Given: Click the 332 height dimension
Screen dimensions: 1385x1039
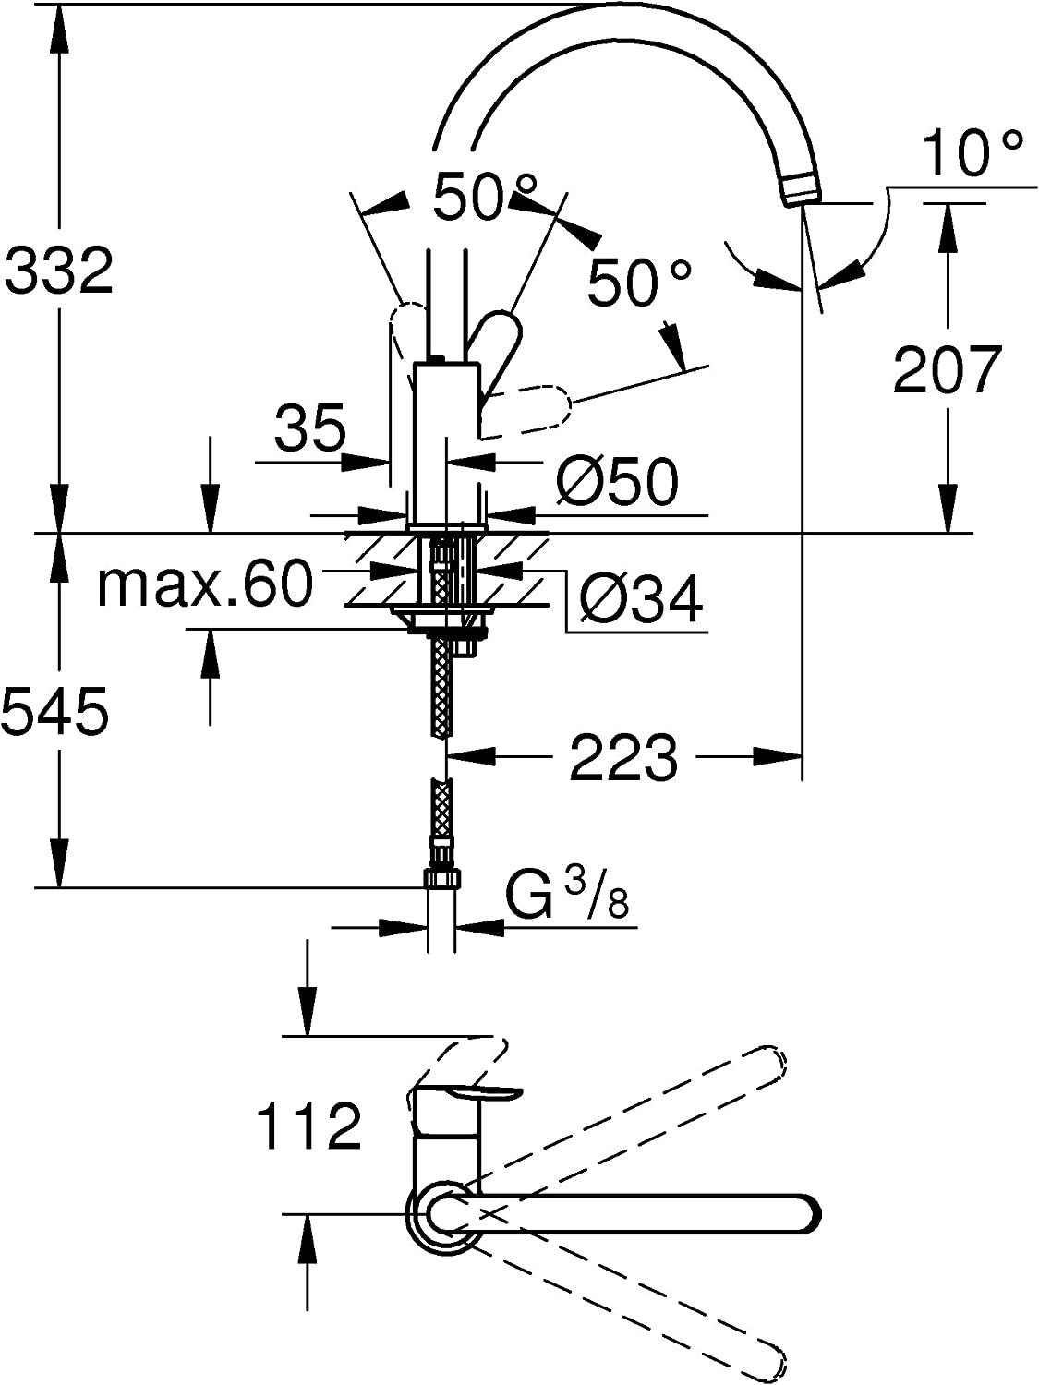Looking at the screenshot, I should (59, 270).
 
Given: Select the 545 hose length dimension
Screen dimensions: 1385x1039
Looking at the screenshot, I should (55, 711).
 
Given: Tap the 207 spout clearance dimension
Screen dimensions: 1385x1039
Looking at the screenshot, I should (947, 369).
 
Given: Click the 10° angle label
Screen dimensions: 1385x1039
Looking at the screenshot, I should (972, 152).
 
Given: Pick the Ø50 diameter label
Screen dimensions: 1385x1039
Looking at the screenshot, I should (617, 481).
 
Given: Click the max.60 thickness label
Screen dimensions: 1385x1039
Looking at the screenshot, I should (205, 584).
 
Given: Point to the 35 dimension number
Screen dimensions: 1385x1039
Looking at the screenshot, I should (310, 428).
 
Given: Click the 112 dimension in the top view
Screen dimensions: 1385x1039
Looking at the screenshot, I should (308, 1126).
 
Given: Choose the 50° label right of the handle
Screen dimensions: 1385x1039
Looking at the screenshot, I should (639, 282).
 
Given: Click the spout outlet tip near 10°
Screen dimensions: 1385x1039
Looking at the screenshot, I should (800, 188).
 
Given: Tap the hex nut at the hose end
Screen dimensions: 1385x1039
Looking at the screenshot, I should (442, 876).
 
